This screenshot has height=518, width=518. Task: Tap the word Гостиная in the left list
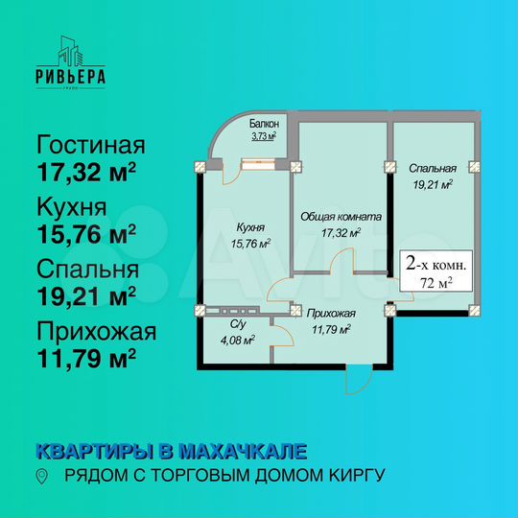click(x=90, y=147)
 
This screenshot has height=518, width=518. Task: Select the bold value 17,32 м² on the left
click(x=85, y=173)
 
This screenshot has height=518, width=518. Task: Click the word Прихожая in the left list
click(x=95, y=332)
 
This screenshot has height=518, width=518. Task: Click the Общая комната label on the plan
click(x=341, y=218)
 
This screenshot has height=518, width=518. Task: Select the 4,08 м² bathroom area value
click(x=236, y=339)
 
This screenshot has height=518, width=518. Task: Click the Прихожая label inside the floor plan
click(x=332, y=313)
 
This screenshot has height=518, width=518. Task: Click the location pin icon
click(x=40, y=476)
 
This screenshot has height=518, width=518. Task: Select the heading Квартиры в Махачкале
click(x=172, y=450)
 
